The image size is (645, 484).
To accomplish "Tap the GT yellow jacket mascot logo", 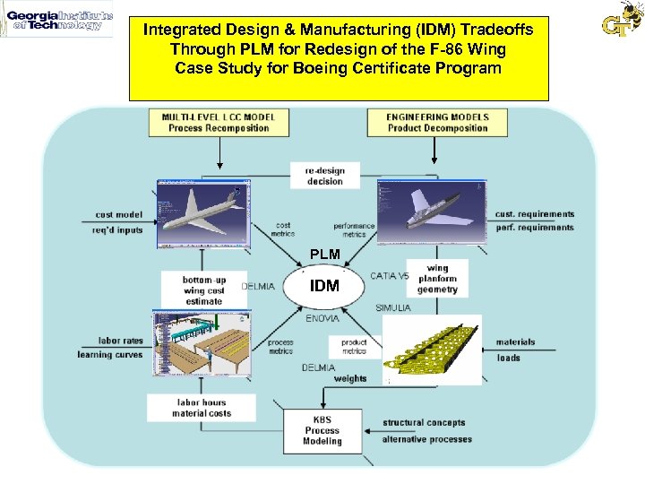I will click(621, 20).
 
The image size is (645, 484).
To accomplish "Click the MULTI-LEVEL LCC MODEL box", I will click(219, 122).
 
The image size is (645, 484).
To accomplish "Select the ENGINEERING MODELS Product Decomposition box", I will click(436, 122).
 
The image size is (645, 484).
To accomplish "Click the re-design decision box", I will click(323, 176).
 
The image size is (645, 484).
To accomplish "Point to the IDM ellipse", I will click(324, 286).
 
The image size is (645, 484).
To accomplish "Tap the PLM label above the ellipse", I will click(324, 255).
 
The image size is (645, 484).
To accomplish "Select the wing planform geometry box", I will click(437, 279).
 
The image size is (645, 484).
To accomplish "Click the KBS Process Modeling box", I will click(322, 431).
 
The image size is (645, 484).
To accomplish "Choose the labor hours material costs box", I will click(201, 408).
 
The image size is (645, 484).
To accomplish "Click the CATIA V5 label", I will click(389, 276).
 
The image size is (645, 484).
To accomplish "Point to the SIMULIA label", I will click(393, 308).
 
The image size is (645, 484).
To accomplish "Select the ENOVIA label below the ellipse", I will click(322, 318).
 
